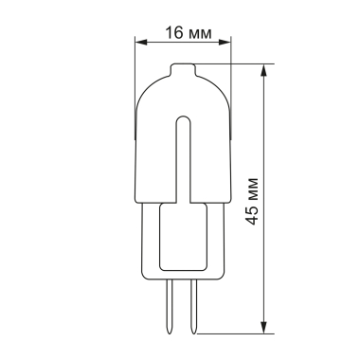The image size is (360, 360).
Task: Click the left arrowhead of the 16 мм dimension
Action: (140, 42)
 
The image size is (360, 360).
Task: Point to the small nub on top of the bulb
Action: (183, 70)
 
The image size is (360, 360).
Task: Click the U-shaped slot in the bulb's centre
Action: (183, 152)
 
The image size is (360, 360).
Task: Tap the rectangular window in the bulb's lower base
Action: (183, 237)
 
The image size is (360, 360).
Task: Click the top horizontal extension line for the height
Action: (237, 64)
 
